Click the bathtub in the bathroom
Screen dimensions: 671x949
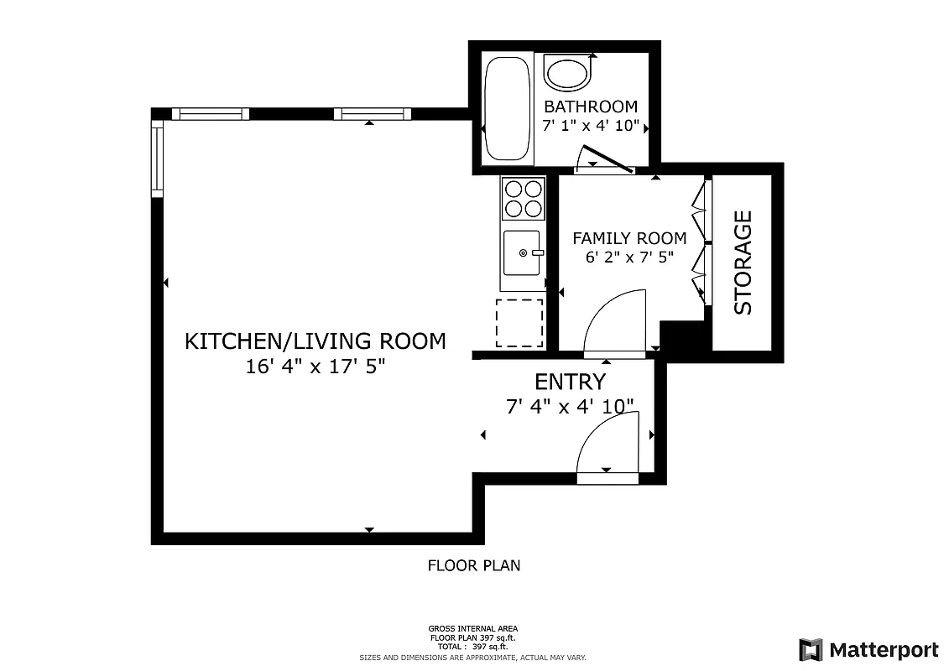click(508, 108)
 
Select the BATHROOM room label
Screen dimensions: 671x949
click(591, 107)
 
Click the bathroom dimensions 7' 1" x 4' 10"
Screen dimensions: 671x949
click(591, 127)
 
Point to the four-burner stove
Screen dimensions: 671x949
click(521, 199)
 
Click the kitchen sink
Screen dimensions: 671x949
click(522, 252)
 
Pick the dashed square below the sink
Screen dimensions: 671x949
click(519, 323)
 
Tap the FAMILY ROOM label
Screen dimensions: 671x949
click(629, 238)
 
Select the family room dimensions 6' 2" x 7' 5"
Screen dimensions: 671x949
click(629, 257)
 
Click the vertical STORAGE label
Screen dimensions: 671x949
click(743, 263)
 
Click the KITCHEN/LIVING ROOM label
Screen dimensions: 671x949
click(315, 341)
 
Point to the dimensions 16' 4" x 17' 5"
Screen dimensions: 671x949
click(315, 367)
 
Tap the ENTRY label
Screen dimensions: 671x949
click(570, 382)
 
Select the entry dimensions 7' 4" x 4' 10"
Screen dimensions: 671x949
click(570, 407)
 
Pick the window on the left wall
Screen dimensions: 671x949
click(157, 159)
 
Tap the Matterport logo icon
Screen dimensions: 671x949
click(811, 650)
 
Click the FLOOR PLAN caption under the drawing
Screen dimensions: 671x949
click(474, 566)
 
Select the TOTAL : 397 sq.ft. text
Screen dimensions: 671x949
click(473, 647)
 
